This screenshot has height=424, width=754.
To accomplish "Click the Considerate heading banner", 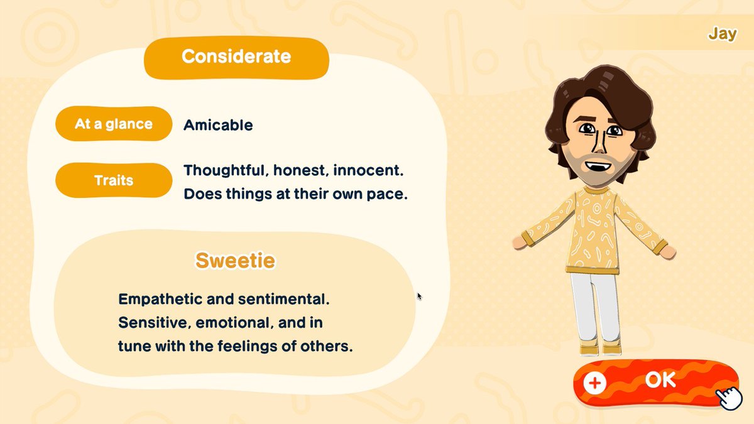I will (236, 57).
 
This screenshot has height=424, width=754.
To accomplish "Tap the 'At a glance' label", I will (114, 124).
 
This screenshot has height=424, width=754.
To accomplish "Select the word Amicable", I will (218, 125).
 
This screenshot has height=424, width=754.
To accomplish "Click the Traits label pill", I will (114, 180).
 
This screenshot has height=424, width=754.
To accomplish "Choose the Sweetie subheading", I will (235, 260).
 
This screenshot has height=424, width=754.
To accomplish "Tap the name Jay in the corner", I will (722, 34).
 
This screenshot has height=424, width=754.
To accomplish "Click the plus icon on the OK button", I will (594, 383).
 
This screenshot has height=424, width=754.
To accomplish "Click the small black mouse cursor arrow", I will (419, 296).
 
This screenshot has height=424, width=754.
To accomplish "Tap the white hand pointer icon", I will (729, 398).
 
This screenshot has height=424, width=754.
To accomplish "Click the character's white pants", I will (594, 308).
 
